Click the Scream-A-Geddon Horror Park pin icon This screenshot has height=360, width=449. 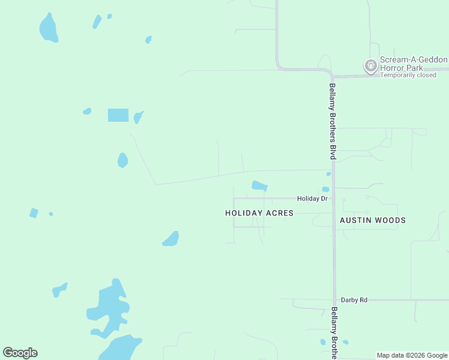(370, 65)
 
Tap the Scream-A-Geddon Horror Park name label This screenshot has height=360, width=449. (414, 64)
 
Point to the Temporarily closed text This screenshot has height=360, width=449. (408, 75)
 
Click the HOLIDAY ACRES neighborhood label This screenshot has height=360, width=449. (259, 213)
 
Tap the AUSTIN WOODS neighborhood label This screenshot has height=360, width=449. (373, 220)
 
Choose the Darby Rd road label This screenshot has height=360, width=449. (354, 299)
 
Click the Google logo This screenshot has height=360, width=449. (20, 353)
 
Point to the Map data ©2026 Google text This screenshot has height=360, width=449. (412, 355)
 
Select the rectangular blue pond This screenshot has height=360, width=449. (118, 115)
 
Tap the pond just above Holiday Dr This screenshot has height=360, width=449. (259, 185)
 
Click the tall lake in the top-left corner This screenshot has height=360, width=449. (48, 28)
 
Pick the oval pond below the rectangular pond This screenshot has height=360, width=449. (122, 160)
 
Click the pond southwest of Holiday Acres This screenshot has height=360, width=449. (171, 239)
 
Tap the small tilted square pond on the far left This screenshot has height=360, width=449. (34, 213)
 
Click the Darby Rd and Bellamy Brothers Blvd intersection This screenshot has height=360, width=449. (334, 299)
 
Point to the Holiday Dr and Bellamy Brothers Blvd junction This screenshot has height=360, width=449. (334, 198)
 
